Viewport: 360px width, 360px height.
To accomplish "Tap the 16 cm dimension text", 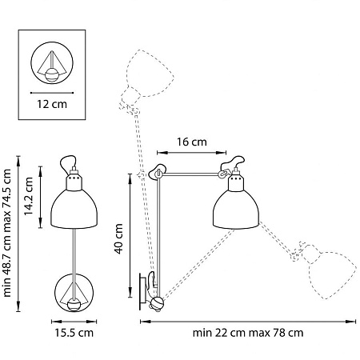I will (190, 142).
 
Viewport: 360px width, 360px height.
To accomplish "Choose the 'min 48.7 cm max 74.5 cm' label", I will (9, 232).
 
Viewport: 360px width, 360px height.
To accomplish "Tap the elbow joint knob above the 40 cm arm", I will (158, 170).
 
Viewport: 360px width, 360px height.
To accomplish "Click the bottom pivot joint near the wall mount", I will (158, 302).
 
